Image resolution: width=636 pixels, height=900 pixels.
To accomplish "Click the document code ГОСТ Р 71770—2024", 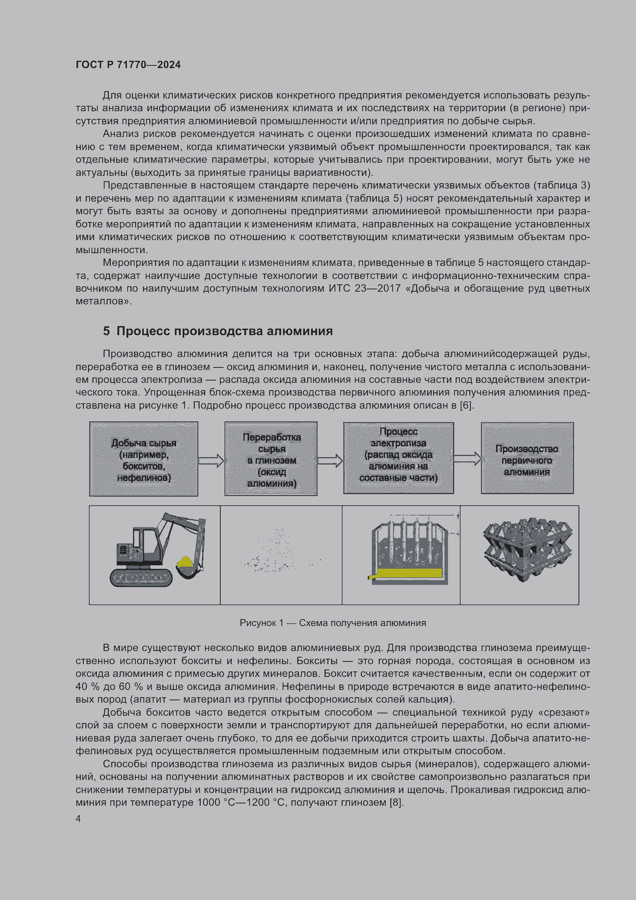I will tap(128, 65).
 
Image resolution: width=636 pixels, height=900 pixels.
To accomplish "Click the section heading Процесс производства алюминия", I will tap(218, 331).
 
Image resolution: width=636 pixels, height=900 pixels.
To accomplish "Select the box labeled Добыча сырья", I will tap(144, 459).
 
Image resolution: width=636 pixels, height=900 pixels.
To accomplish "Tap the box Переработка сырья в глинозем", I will tap(271, 459).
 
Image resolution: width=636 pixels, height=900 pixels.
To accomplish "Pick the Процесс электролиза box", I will tap(398, 458).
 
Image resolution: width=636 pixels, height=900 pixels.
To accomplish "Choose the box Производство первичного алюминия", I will tap(527, 458).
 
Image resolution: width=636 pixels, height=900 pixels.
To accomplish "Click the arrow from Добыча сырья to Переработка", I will tap(211, 460).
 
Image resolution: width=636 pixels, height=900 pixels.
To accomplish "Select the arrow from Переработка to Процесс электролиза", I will tap(330, 460).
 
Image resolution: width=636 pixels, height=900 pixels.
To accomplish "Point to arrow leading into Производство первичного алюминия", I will tap(467, 458).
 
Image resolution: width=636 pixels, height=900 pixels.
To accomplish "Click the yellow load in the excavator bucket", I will tap(185, 563).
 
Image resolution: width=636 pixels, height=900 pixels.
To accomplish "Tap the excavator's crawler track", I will tap(141, 578).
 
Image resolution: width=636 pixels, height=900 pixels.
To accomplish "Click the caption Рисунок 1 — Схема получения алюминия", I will tap(333, 623).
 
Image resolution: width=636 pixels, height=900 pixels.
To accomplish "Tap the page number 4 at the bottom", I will tap(78, 818).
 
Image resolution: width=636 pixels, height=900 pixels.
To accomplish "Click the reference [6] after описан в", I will tap(466, 405).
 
